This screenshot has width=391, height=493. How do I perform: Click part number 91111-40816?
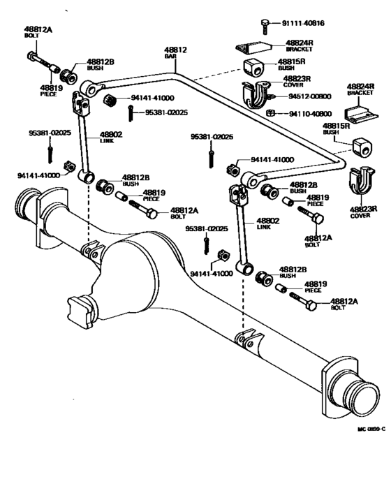click(x=303, y=23)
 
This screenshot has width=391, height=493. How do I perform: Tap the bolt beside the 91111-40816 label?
click(x=265, y=27)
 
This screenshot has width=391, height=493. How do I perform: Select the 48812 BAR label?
click(x=175, y=52)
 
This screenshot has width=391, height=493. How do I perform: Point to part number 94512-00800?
click(x=309, y=96)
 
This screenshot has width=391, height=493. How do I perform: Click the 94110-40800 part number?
click(x=310, y=114)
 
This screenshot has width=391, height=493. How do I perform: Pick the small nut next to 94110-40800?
click(x=270, y=113)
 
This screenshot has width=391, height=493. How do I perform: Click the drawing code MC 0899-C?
click(x=371, y=429)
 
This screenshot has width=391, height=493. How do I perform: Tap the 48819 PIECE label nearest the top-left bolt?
click(x=51, y=91)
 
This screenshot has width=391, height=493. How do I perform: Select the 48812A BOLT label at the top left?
click(x=38, y=32)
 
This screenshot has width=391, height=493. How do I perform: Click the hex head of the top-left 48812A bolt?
click(x=32, y=57)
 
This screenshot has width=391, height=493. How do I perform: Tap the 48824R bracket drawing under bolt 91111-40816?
click(x=253, y=47)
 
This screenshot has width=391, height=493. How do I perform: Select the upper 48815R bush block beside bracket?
click(x=253, y=68)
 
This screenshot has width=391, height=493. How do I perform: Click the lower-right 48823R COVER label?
click(x=363, y=212)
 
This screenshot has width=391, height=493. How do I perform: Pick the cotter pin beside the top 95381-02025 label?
click(x=130, y=113)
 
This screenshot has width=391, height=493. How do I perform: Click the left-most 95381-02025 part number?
click(x=50, y=133)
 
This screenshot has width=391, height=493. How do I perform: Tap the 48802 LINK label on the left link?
click(x=111, y=138)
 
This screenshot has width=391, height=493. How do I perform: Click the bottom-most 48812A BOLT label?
click(x=344, y=304)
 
